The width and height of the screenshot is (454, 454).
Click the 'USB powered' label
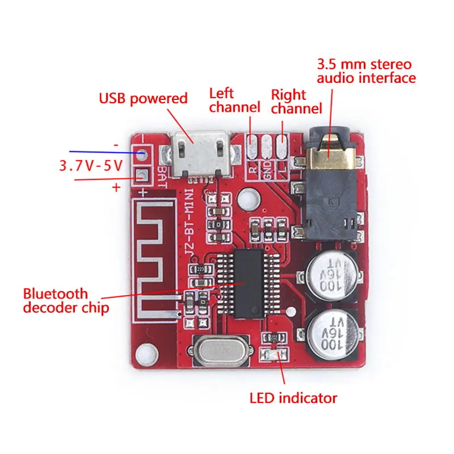(x=143, y=98)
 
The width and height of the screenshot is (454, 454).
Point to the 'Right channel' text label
(x=296, y=101)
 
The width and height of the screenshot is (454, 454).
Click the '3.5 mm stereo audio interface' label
(x=366, y=71)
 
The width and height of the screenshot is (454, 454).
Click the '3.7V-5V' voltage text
(x=90, y=166)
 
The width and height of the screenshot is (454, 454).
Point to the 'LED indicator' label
(x=293, y=398)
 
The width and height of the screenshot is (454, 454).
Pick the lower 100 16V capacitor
(x=334, y=335)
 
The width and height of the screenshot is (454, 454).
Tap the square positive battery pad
(x=141, y=176)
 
